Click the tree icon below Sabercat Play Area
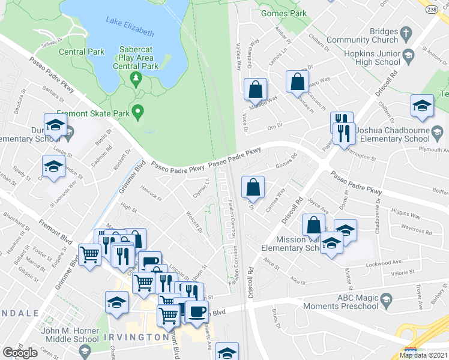point(136,78)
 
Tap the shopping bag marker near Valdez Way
point(255,89)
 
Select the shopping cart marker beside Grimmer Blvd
point(90,254)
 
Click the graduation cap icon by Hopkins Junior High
point(409,56)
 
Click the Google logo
point(20,353)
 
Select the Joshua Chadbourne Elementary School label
point(400,134)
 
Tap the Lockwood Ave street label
point(384,263)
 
